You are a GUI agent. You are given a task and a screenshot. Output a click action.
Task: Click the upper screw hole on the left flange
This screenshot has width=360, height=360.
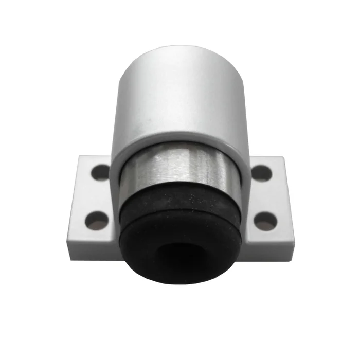(x=101, y=172)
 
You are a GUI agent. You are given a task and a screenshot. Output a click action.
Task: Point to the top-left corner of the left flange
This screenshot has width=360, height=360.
(x=78, y=157)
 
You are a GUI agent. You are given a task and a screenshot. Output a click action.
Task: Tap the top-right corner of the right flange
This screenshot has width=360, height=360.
(x=283, y=157)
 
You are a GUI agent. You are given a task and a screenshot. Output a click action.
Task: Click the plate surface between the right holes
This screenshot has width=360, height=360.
(x=264, y=196)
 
